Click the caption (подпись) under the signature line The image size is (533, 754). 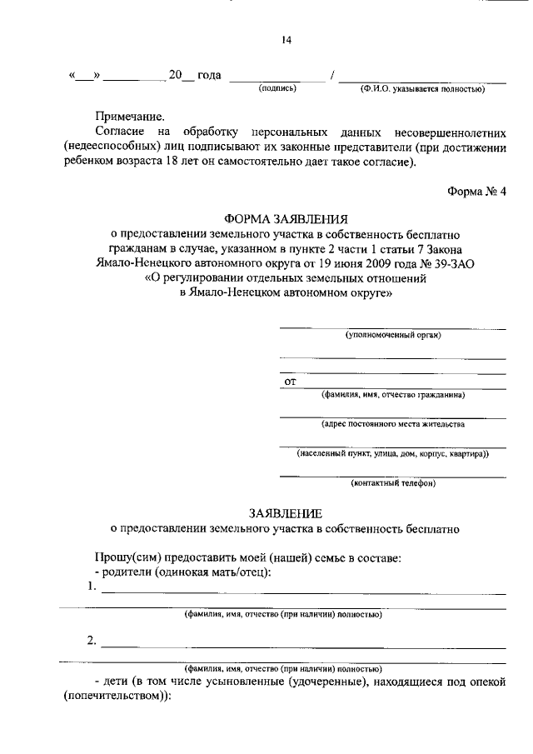[x=277, y=87]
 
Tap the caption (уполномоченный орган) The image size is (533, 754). [x=393, y=335]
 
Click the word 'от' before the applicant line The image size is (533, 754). [x=291, y=382]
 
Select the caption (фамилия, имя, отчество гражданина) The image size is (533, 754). [x=393, y=395]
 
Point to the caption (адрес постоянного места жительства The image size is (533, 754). [x=393, y=424]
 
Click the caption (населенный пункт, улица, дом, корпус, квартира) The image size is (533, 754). [x=393, y=454]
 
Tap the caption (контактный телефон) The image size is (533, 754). [x=393, y=483]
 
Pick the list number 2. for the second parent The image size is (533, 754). [x=91, y=641]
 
